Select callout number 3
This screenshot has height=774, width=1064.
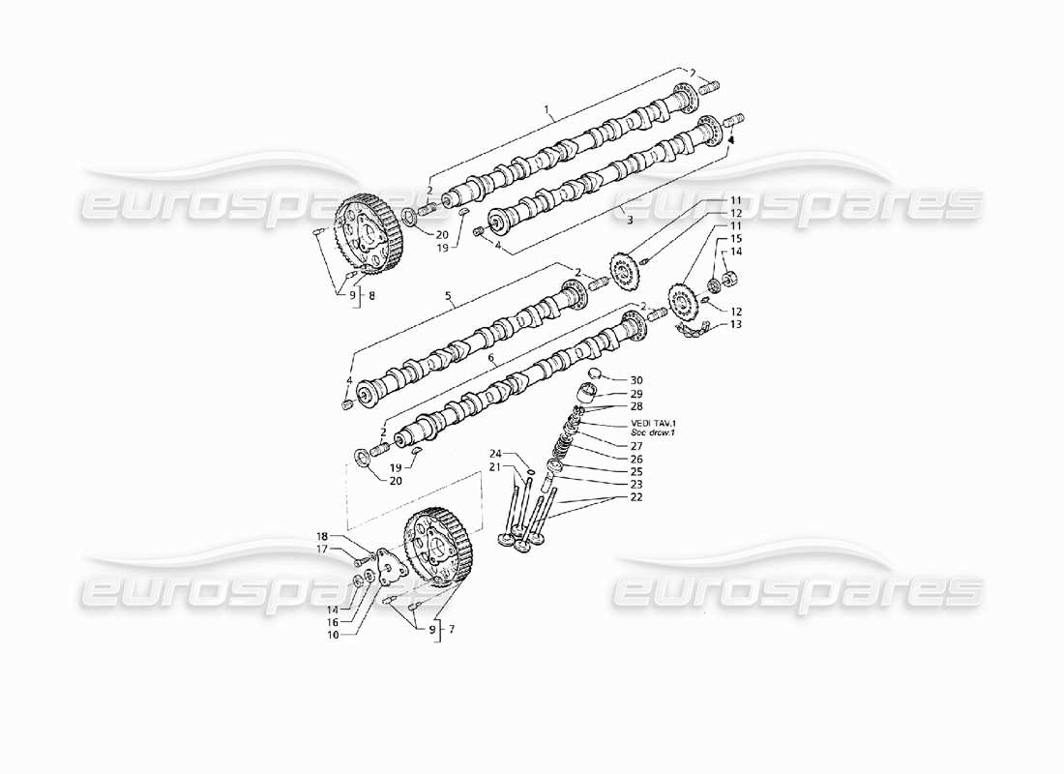click(x=629, y=222)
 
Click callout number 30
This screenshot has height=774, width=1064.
click(x=636, y=380)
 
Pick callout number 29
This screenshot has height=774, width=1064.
click(x=636, y=395)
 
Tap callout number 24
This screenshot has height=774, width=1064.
click(x=494, y=453)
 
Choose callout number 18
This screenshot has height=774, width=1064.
click(x=322, y=535)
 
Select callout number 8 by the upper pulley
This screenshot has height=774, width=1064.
click(x=371, y=297)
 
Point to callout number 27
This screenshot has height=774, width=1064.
click(x=636, y=446)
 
